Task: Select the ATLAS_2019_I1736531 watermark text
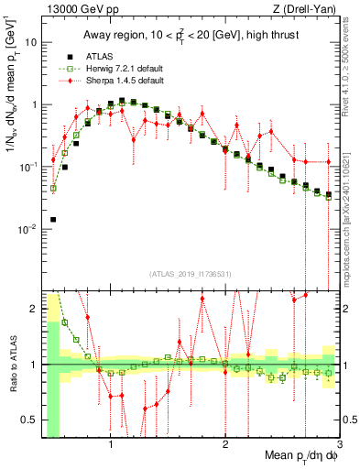tap(190, 273)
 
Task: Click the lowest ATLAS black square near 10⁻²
tap(53, 220)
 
